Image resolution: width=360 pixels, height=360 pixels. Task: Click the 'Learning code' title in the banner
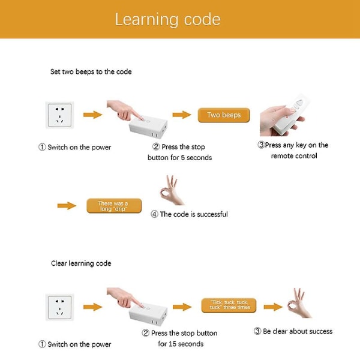167,19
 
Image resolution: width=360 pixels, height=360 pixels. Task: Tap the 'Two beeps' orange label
224,115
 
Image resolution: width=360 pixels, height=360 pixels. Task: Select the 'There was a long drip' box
114,206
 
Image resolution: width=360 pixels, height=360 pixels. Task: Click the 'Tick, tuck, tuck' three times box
229,305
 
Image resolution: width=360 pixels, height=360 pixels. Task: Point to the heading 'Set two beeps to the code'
91,71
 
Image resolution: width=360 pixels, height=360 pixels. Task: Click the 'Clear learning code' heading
81,263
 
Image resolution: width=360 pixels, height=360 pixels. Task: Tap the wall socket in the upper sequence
59,115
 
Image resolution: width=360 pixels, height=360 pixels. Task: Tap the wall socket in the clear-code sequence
59,307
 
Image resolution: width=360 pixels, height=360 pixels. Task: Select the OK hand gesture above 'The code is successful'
171,191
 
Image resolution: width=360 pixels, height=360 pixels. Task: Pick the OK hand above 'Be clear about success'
298,304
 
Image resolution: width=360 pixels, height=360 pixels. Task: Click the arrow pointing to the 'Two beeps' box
182,115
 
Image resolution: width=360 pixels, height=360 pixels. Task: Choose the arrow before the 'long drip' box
67,205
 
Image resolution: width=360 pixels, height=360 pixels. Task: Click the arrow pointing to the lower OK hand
273,307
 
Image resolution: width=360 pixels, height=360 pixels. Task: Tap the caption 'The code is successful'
190,214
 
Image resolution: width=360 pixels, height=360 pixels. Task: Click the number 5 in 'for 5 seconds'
183,158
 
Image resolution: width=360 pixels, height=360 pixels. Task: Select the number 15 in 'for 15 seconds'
172,344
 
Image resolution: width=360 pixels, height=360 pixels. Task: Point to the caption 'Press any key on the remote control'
293,151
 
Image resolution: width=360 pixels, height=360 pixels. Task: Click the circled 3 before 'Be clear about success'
257,331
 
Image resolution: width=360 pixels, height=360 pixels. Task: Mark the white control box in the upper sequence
148,126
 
